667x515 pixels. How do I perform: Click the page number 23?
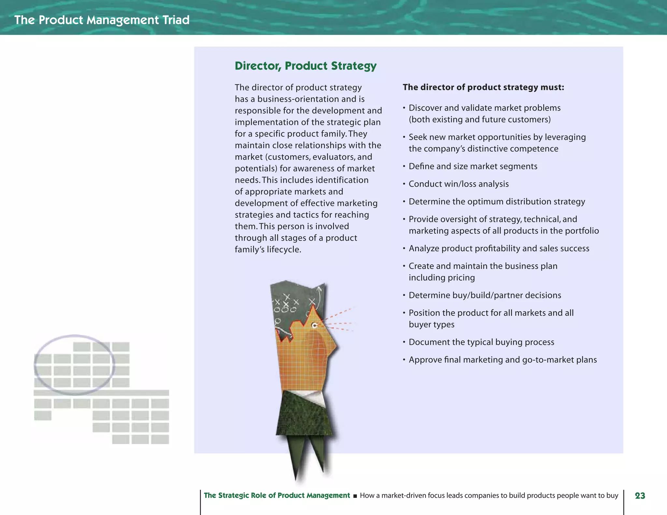click(x=640, y=495)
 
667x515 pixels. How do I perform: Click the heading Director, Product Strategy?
click(x=305, y=66)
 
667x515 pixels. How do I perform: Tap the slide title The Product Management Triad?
click(x=102, y=20)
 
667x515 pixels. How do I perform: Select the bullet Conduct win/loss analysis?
click(x=459, y=184)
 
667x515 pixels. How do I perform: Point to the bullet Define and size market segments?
click(x=473, y=166)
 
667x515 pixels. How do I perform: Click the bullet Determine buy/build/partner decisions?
click(x=485, y=295)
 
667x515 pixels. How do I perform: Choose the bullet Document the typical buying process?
click(x=481, y=342)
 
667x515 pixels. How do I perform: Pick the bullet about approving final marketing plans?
click(x=503, y=360)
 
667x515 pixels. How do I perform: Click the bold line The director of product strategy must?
click(x=483, y=87)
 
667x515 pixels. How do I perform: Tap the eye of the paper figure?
click(x=315, y=325)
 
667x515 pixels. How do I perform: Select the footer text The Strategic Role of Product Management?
click(x=277, y=495)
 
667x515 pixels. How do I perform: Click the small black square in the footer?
click(x=355, y=496)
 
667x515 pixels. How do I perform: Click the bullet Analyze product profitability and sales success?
click(x=499, y=248)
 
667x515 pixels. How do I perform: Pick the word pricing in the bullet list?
click(x=461, y=278)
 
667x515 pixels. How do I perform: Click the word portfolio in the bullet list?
click(x=582, y=231)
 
